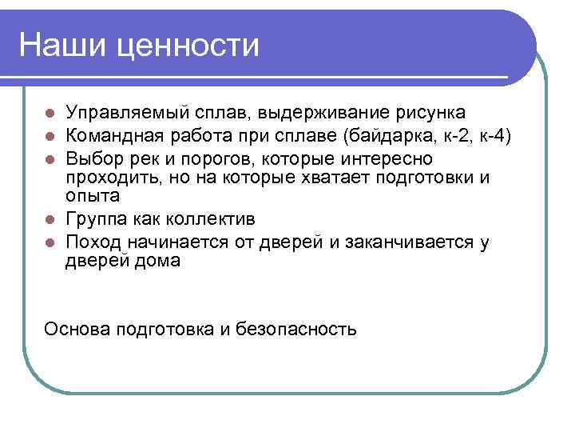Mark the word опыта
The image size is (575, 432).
click(93, 197)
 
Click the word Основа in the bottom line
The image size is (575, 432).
click(78, 328)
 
